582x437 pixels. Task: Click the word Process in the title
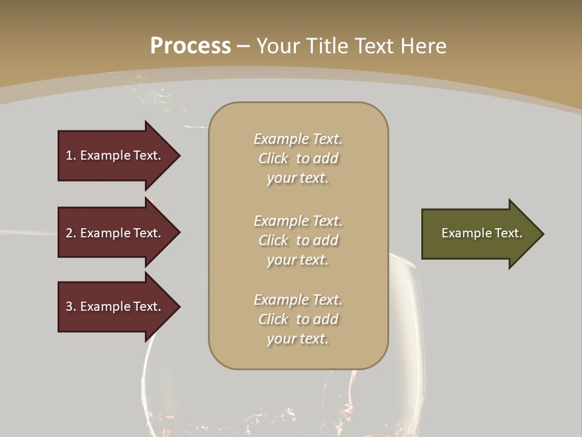(x=190, y=46)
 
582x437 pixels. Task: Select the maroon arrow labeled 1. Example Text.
(x=115, y=155)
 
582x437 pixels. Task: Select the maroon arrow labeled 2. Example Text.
(x=115, y=233)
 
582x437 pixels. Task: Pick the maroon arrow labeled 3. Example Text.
(x=115, y=307)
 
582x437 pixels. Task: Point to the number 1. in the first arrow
(x=71, y=155)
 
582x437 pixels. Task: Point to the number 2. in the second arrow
(x=71, y=233)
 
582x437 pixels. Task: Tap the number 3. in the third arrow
(x=71, y=307)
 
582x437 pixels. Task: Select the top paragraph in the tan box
(x=298, y=158)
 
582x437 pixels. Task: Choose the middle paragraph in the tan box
(x=298, y=240)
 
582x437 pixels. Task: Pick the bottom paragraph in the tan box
(x=298, y=319)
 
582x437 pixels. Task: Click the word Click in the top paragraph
(x=273, y=158)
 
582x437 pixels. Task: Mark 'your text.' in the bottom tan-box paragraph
(x=298, y=339)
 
